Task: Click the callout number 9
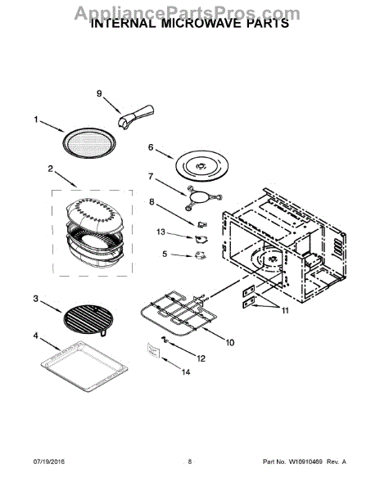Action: tap(100, 93)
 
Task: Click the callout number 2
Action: tap(51, 169)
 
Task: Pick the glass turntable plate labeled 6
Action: tap(200, 164)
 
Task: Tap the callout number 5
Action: tap(164, 255)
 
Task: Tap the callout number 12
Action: tap(201, 358)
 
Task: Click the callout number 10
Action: tap(229, 342)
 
